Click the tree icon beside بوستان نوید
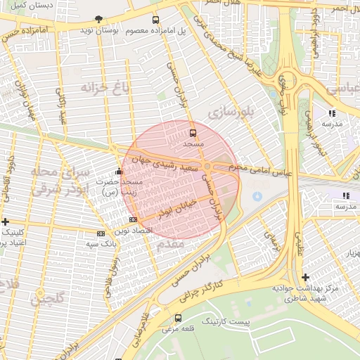(98, 19)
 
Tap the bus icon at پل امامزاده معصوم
(155, 20)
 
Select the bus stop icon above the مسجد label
(193, 132)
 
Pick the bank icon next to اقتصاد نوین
(101, 233)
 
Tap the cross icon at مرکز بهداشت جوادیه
(305, 277)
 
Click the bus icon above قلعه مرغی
(177, 318)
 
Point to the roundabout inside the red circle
(208, 167)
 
